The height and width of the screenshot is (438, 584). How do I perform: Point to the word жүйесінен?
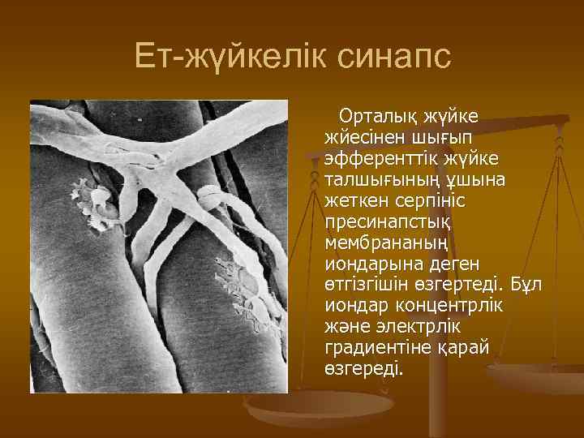pyautogui.click(x=356, y=137)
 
